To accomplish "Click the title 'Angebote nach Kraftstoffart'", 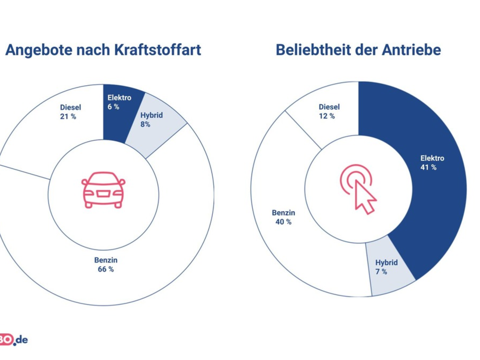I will (x=103, y=50).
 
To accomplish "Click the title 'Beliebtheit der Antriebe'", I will (x=358, y=50).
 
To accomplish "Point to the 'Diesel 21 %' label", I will (x=70, y=112).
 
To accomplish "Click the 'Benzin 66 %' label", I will (x=106, y=265).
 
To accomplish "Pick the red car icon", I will (x=103, y=190).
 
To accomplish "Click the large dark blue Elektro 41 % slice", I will (x=428, y=172).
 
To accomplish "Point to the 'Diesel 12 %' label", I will (x=329, y=112).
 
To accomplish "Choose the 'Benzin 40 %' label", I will (x=283, y=217).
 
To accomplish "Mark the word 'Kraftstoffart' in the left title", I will (x=158, y=50).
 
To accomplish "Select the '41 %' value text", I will (x=428, y=168).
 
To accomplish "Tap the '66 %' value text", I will (x=106, y=269).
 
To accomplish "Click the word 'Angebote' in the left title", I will (x=36, y=50).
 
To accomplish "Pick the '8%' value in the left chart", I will (x=145, y=124).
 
